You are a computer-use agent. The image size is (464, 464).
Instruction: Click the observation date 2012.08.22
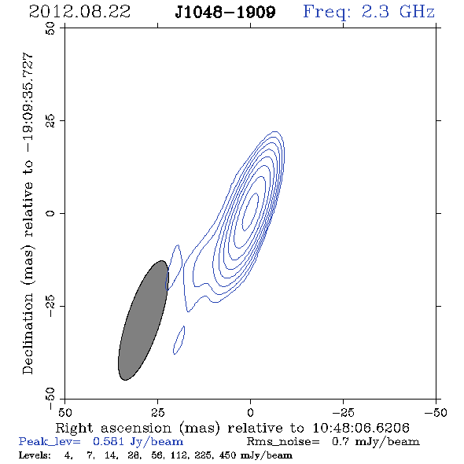click(79, 12)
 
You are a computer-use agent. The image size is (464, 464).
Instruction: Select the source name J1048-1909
click(225, 13)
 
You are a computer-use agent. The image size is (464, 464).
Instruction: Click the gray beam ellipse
click(143, 320)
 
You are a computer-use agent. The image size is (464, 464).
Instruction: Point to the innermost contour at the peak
click(250, 212)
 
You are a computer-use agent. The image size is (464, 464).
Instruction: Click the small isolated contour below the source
click(179, 340)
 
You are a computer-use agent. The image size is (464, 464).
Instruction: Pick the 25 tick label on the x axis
click(157, 412)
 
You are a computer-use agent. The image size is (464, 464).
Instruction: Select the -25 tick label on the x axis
click(343, 412)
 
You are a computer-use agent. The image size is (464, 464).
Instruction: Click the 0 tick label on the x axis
click(250, 412)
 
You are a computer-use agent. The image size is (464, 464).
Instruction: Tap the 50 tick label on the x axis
click(64, 412)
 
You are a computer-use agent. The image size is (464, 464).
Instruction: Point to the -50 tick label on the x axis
click(436, 412)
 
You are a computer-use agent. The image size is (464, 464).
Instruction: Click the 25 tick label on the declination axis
click(50, 121)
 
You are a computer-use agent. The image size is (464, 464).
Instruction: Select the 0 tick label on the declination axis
click(50, 213)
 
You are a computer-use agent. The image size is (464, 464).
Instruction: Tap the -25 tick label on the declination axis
click(50, 306)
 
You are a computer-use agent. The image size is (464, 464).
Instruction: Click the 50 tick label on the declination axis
click(50, 28)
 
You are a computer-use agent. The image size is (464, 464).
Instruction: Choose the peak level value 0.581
click(109, 441)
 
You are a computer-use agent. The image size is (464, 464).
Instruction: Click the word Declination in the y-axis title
click(28, 333)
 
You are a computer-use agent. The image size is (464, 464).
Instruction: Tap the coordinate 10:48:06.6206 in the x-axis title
click(361, 428)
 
